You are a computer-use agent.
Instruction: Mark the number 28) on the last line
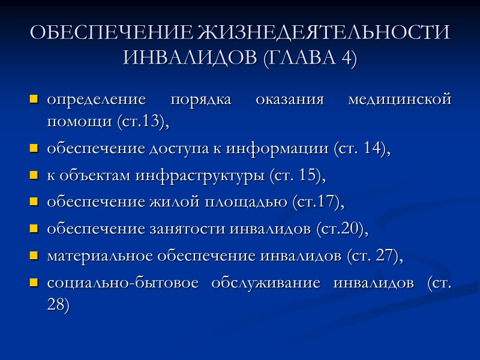click(58, 305)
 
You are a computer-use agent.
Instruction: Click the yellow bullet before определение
click(34, 99)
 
